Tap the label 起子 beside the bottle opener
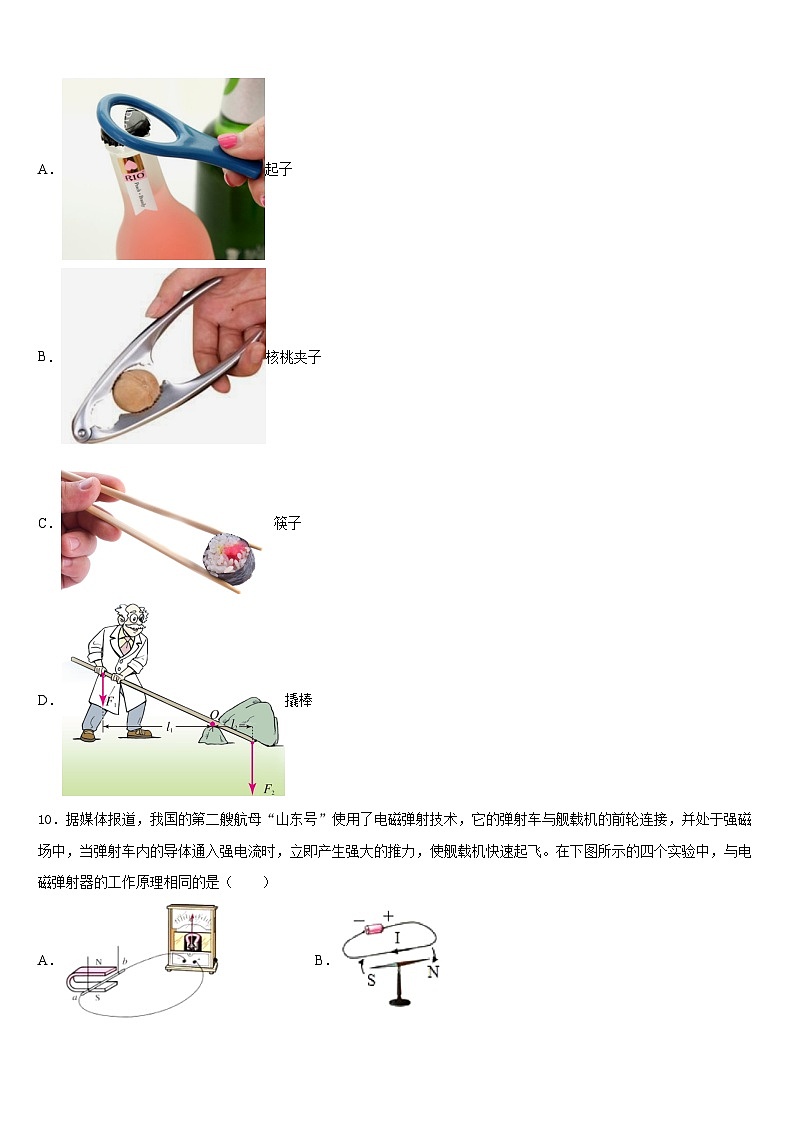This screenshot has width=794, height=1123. click(x=279, y=169)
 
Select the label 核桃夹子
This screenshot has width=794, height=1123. click(x=294, y=357)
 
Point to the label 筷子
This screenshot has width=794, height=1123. click(x=287, y=523)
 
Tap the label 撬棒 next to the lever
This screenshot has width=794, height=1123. click(x=298, y=700)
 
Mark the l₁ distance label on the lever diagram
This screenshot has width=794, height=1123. click(x=169, y=723)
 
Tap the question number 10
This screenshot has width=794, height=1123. click(x=45, y=820)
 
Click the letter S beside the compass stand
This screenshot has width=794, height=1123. click(x=371, y=980)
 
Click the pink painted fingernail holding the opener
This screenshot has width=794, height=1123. click(x=229, y=141)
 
